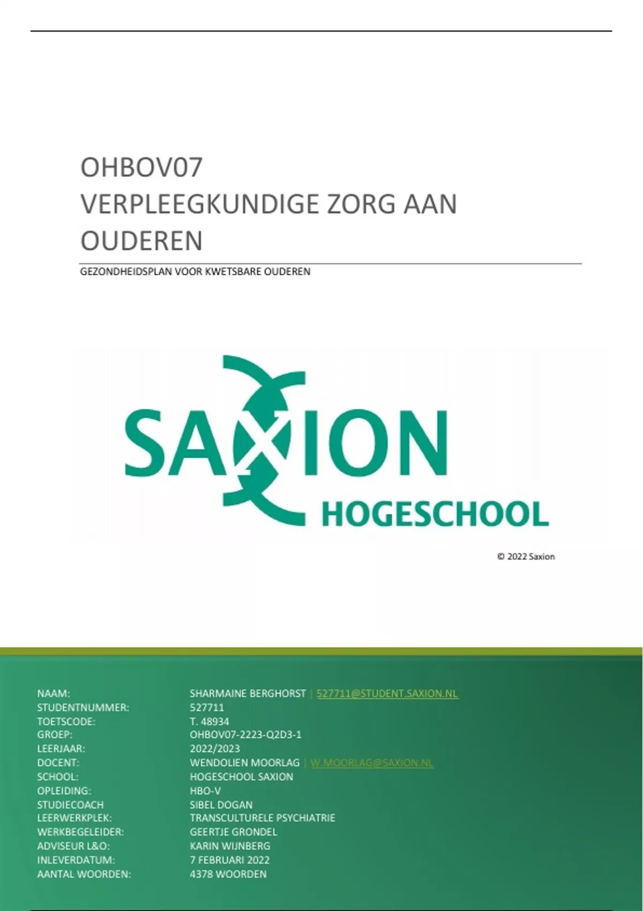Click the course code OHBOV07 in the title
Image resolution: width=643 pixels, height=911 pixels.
pyautogui.click(x=141, y=167)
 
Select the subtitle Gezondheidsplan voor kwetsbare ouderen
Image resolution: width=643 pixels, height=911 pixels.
pyautogui.click(x=195, y=272)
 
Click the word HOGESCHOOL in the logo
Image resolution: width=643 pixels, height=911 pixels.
pyautogui.click(x=435, y=514)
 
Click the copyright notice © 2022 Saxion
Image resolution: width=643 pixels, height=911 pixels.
pyautogui.click(x=526, y=557)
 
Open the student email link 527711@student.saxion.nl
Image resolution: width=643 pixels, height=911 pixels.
pyautogui.click(x=387, y=693)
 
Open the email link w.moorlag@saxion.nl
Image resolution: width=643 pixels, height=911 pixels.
pyautogui.click(x=372, y=763)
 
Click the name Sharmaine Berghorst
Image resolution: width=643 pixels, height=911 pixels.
pyautogui.click(x=248, y=693)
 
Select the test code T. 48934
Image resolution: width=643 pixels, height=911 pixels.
pyautogui.click(x=210, y=721)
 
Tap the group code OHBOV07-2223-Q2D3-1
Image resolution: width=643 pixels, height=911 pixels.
pyautogui.click(x=245, y=735)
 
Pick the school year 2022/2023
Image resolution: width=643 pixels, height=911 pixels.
pyautogui.click(x=215, y=749)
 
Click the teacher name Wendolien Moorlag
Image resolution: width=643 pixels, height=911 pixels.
pyautogui.click(x=244, y=763)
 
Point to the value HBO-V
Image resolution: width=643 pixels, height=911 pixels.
pyautogui.click(x=205, y=790)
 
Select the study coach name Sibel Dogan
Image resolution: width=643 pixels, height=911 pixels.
pyautogui.click(x=221, y=804)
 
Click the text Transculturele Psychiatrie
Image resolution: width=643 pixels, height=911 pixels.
pyautogui.click(x=262, y=818)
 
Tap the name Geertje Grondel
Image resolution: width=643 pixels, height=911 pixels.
pyautogui.click(x=234, y=832)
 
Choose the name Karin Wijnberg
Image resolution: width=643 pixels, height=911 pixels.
pyautogui.click(x=230, y=846)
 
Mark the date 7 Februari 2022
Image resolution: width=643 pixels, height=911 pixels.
pyautogui.click(x=229, y=860)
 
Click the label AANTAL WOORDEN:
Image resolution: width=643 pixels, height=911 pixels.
pyautogui.click(x=84, y=874)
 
